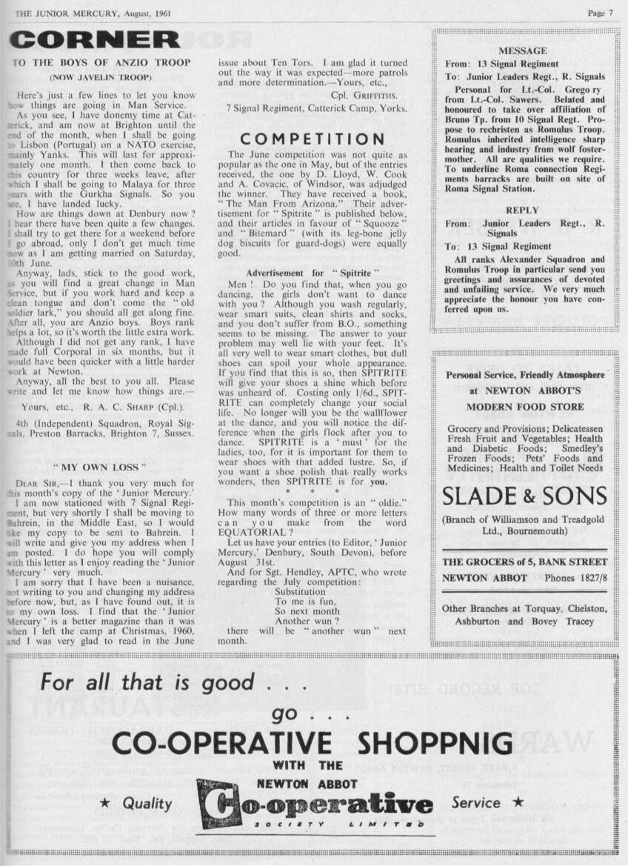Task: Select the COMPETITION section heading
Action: pyautogui.click(x=313, y=139)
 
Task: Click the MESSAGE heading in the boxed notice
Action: pyautogui.click(x=523, y=51)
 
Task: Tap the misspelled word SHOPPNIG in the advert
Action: pyautogui.click(x=435, y=744)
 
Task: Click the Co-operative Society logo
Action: pyautogui.click(x=315, y=805)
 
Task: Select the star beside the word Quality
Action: pyautogui.click(x=105, y=803)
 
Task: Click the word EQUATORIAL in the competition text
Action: pyautogui.click(x=260, y=531)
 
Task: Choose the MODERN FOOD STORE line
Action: pyautogui.click(x=525, y=407)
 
